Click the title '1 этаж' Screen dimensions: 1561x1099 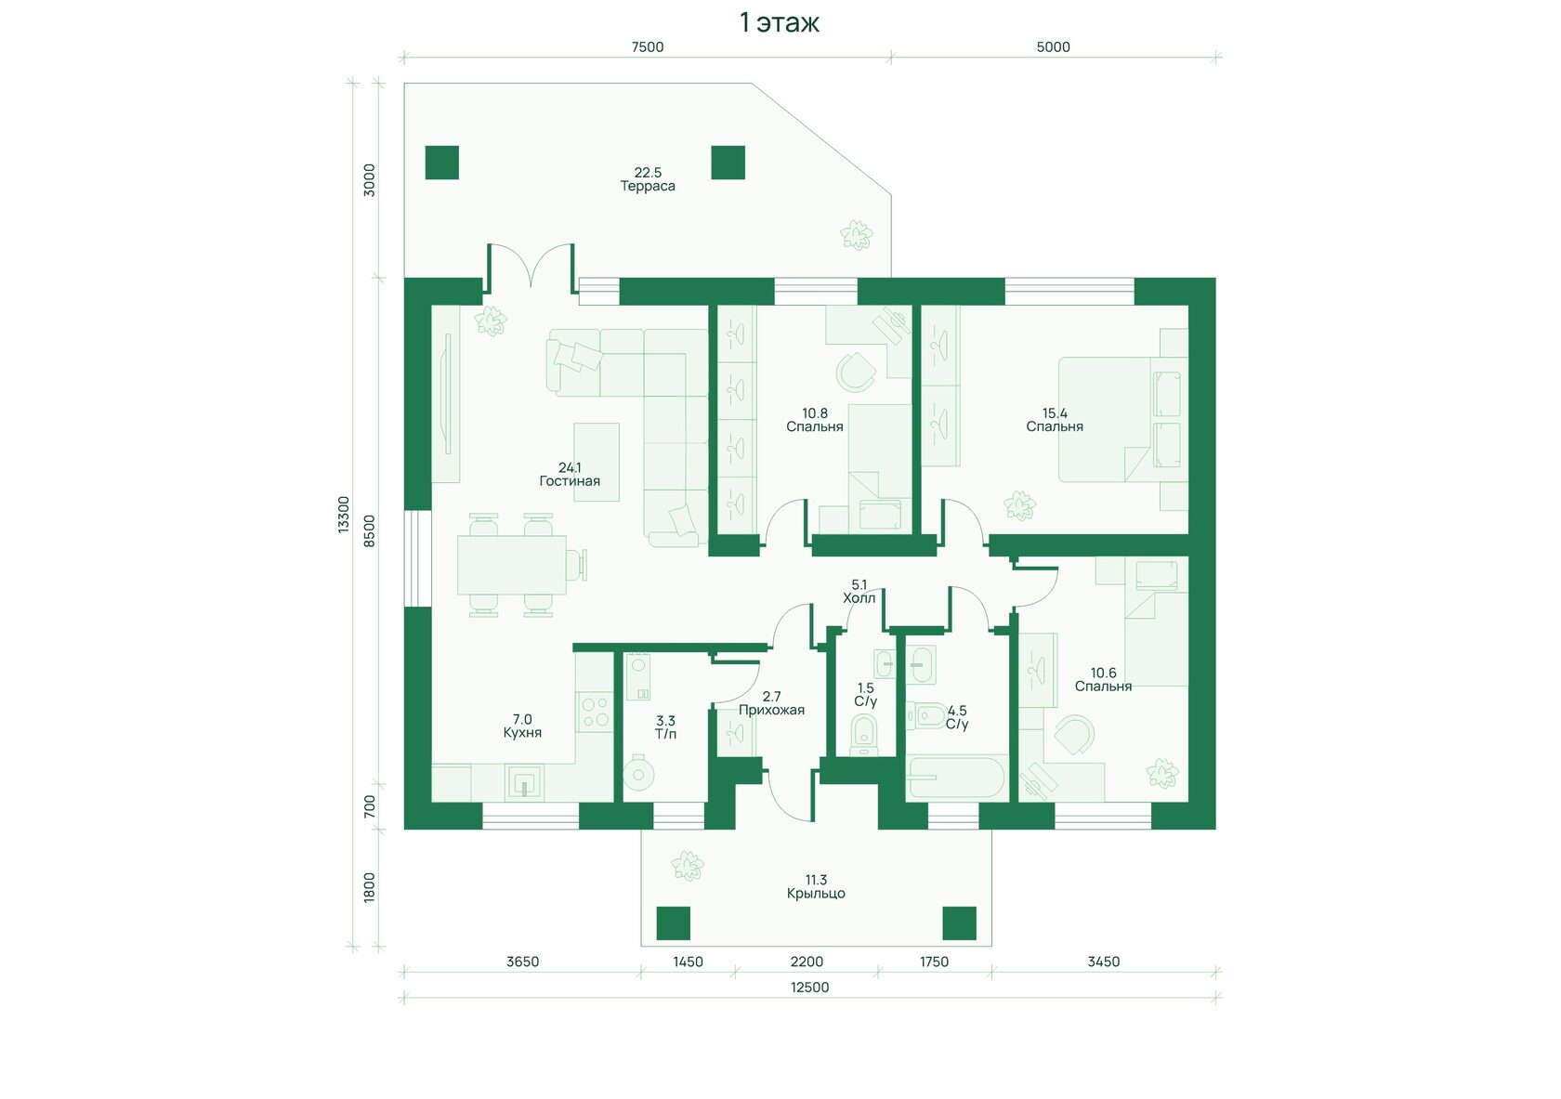[x=779, y=23]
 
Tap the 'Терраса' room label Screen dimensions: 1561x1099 [x=648, y=186]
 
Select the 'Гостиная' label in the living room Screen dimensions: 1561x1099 [x=570, y=481]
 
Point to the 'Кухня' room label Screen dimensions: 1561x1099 [x=522, y=732]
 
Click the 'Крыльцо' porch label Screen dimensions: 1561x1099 [x=816, y=894]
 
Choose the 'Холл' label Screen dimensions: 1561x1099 [x=859, y=598]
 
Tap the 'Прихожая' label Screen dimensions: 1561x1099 [x=771, y=710]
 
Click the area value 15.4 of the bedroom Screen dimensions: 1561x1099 [x=1055, y=413]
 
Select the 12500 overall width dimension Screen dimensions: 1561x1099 [x=810, y=987]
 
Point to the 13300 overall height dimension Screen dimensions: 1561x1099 [x=343, y=515]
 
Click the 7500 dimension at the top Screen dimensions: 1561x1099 [x=648, y=46]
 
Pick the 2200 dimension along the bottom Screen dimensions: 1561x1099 [x=807, y=962]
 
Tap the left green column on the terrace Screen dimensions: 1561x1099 [x=442, y=163]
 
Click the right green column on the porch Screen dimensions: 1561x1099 [x=960, y=923]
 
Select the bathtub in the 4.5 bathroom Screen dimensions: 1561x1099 [x=957, y=777]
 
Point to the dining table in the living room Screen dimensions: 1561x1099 [x=511, y=565]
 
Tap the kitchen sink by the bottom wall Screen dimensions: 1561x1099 [x=524, y=782]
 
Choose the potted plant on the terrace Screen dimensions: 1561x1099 [x=857, y=235]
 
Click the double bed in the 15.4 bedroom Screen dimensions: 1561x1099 [x=1122, y=420]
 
